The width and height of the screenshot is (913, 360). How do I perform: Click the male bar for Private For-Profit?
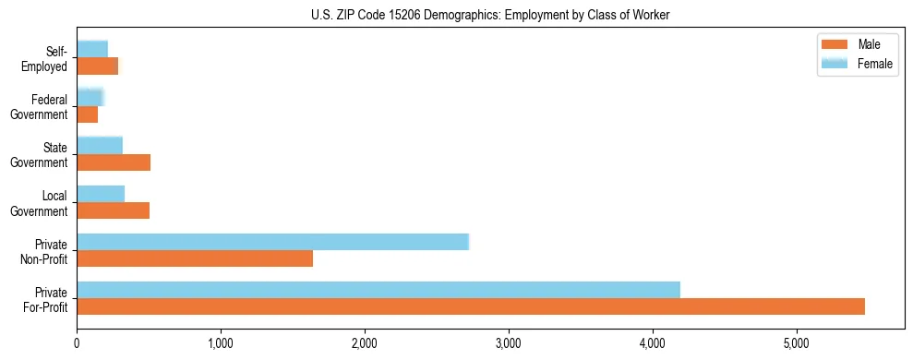[x=471, y=306]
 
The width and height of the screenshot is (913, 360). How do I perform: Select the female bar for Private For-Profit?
[x=378, y=290]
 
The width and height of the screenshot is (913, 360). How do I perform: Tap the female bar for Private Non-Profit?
[x=273, y=242]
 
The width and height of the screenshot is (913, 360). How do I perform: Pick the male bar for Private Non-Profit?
[x=195, y=258]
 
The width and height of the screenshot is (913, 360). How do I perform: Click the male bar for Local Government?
[x=114, y=210]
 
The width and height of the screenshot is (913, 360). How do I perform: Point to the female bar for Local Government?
[x=101, y=194]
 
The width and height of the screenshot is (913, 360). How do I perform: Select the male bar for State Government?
[x=114, y=162]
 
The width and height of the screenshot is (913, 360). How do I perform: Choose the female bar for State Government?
[x=100, y=146]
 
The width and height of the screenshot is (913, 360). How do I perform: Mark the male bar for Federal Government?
[x=88, y=114]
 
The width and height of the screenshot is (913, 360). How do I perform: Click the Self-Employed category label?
[x=46, y=59]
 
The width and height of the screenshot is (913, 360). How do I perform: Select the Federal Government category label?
[x=41, y=107]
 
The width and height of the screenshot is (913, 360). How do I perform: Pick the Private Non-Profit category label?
[x=42, y=251]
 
